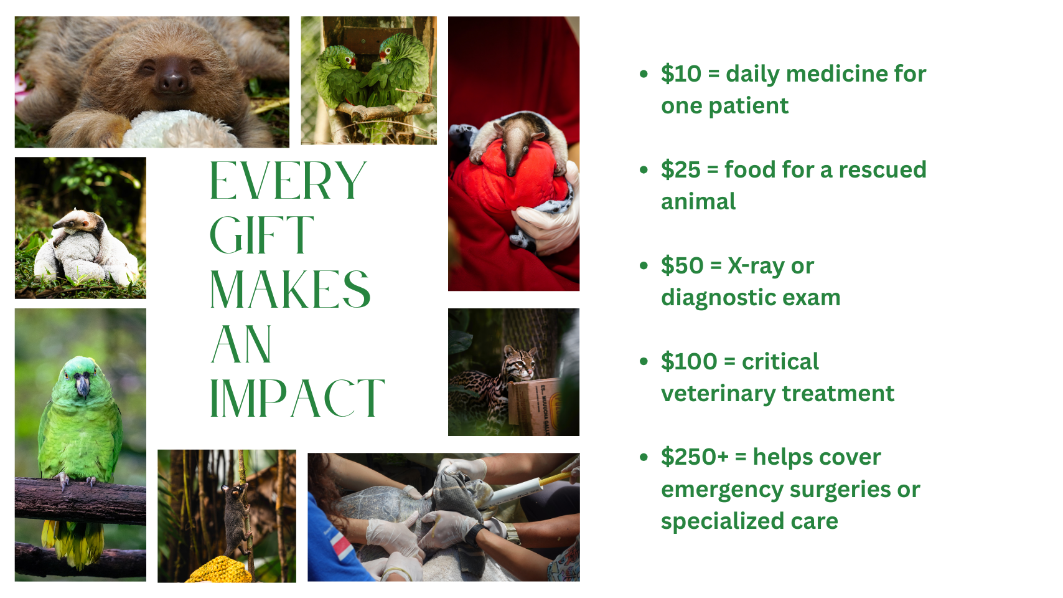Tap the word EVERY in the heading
288,181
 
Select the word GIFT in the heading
261,235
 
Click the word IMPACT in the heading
297,397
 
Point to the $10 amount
681,74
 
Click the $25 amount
680,170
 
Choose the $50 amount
682,266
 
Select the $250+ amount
695,457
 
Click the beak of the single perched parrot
83,384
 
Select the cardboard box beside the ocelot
535,407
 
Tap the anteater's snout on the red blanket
513,157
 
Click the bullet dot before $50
644,265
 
